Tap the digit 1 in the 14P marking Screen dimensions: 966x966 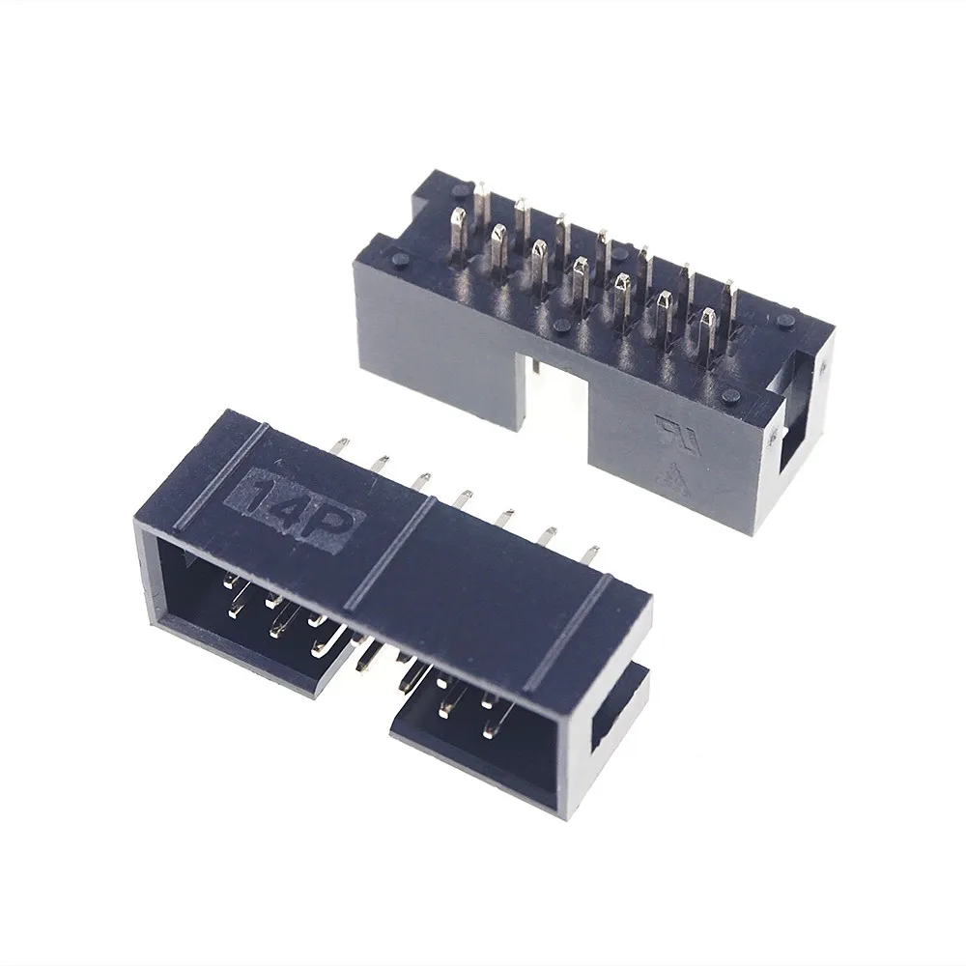click(x=252, y=494)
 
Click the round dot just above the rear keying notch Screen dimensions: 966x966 click(x=561, y=327)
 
